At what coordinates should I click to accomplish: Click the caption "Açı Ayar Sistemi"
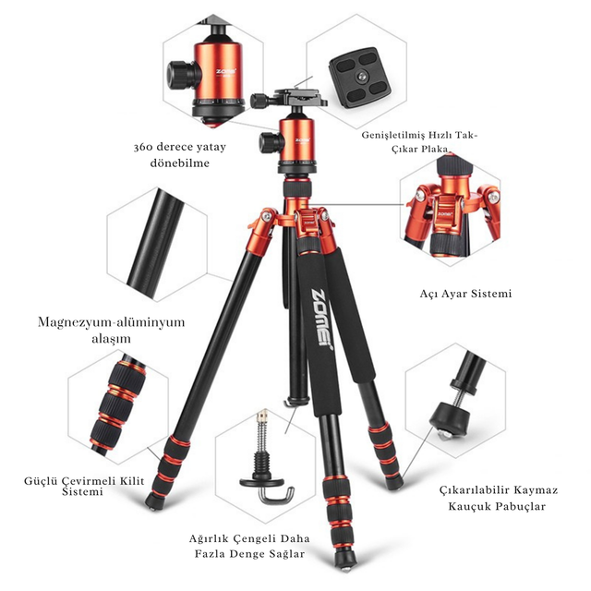[x=465, y=294]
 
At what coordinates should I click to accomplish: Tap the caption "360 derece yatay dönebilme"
[x=180, y=154]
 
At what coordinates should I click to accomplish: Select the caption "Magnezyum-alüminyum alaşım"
[x=111, y=330]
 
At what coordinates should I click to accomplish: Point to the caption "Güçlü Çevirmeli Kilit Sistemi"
[x=84, y=487]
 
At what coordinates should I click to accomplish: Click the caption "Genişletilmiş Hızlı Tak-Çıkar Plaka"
[x=419, y=141]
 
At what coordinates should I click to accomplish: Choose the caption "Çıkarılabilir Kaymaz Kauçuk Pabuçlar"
[x=499, y=498]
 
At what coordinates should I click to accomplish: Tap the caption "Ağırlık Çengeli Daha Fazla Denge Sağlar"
[x=249, y=546]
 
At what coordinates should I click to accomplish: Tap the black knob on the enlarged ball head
[x=180, y=75]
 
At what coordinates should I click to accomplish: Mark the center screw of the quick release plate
[x=362, y=77]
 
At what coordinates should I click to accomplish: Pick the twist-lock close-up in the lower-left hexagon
[x=118, y=405]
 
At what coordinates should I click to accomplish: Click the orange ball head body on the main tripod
[x=297, y=140]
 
